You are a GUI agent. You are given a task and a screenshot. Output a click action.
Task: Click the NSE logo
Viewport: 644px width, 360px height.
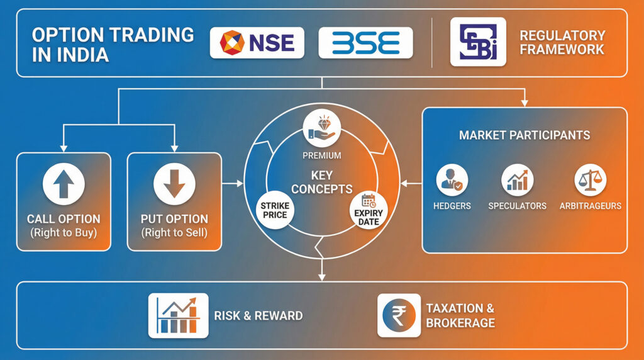(x=257, y=43)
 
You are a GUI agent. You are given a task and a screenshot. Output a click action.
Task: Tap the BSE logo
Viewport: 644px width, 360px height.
(x=365, y=43)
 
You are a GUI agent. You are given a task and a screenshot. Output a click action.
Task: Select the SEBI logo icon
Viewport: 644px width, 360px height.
(x=477, y=42)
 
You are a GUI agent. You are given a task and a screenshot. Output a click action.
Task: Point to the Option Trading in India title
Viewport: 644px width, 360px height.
(x=113, y=44)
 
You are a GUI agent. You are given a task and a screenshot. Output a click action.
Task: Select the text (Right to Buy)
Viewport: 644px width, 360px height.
(x=64, y=233)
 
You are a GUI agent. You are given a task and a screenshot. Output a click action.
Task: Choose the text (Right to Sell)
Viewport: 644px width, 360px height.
(x=174, y=233)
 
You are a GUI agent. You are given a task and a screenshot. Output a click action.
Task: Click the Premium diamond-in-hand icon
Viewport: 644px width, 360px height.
(x=321, y=127)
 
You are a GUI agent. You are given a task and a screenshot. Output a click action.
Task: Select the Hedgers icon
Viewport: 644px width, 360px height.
(x=452, y=181)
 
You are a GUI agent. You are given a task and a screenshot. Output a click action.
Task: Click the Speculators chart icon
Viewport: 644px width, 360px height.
(x=517, y=181)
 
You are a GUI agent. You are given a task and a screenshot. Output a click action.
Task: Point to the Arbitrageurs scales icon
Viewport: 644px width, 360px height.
(x=590, y=181)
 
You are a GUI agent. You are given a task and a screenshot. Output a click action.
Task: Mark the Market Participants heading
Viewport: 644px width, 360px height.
(x=525, y=135)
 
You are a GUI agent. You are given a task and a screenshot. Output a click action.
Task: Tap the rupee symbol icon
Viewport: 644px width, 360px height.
(x=399, y=315)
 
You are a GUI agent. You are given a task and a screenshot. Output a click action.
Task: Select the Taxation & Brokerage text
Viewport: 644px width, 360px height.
(x=460, y=315)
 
